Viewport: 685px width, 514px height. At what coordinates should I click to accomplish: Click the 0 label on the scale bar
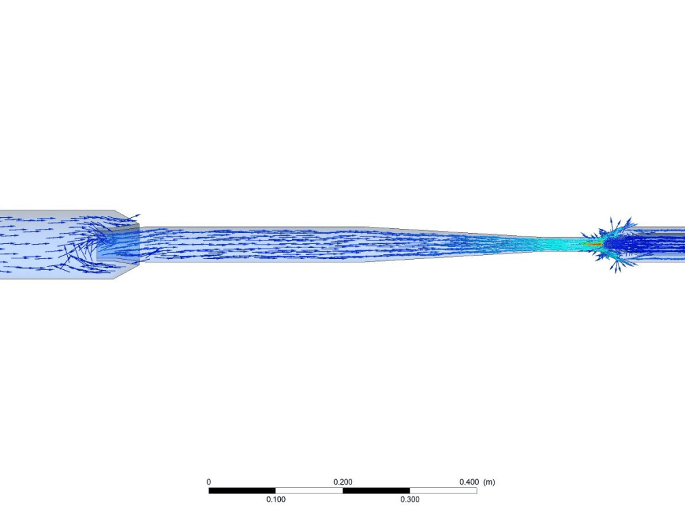click(x=209, y=482)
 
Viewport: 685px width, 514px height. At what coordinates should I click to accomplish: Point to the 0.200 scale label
click(x=343, y=482)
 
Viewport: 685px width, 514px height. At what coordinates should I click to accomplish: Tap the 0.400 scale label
click(x=469, y=482)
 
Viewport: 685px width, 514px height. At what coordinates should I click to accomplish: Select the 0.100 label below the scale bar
click(x=275, y=499)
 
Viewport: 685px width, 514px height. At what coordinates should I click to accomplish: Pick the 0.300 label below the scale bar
click(x=410, y=499)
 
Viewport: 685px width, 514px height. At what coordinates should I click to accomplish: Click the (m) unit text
click(x=489, y=482)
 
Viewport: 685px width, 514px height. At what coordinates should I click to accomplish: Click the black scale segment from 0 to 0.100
click(x=242, y=491)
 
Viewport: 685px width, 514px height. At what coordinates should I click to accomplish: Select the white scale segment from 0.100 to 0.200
click(x=310, y=491)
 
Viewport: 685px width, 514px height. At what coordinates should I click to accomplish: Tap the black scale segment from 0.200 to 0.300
click(x=376, y=491)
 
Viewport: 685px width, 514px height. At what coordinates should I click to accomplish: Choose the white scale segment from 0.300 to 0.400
click(x=443, y=491)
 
